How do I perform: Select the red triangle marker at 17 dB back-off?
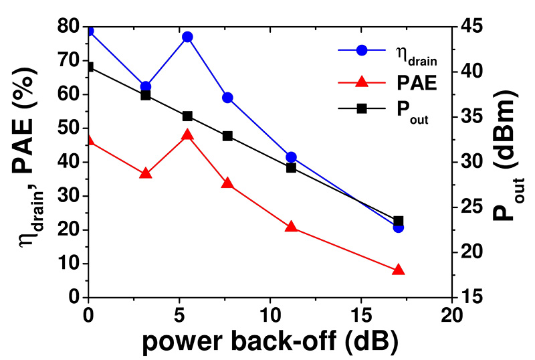(399, 270)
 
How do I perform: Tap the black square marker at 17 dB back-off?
(399, 221)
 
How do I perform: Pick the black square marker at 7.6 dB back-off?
(227, 136)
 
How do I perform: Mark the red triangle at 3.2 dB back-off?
(146, 173)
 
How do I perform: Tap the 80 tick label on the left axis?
(68, 27)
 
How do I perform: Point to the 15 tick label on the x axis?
(361, 315)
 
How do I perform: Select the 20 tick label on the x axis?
(452, 315)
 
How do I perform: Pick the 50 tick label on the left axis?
(68, 128)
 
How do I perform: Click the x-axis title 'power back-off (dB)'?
(270, 341)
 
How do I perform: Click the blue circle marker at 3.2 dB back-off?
(146, 86)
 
